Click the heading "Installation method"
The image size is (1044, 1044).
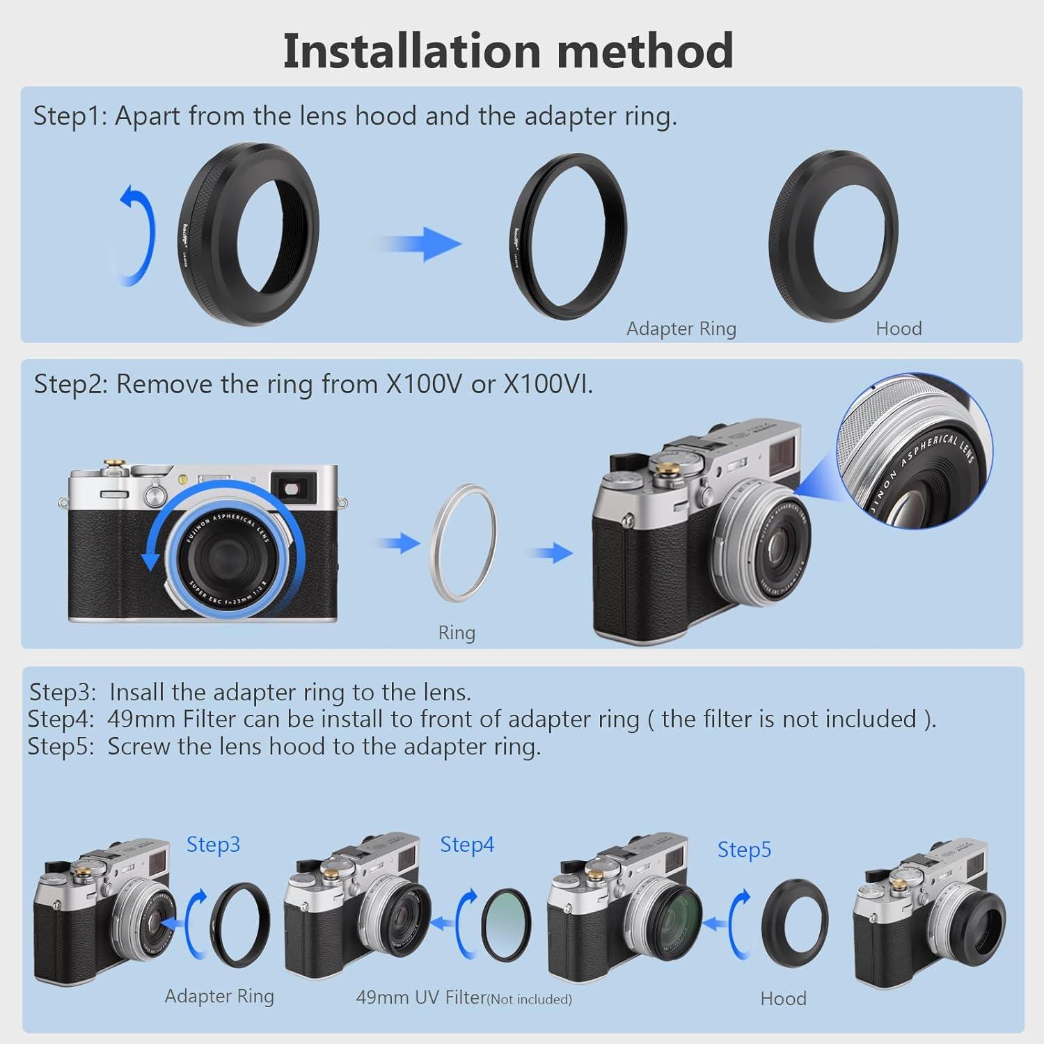[508, 50]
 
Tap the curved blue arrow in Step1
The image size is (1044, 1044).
[136, 237]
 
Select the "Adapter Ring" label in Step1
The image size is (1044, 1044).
[681, 329]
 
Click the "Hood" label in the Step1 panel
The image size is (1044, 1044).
[899, 329]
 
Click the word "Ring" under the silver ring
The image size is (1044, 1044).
[457, 633]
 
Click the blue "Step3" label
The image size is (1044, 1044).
[213, 844]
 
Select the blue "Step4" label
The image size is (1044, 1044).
[467, 844]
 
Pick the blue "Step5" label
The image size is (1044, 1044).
[744, 850]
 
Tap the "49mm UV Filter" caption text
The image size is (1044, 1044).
[420, 997]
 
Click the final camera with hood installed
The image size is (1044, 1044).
[929, 919]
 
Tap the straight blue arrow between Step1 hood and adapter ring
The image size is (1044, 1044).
[421, 244]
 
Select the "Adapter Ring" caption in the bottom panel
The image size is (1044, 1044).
[219, 996]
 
